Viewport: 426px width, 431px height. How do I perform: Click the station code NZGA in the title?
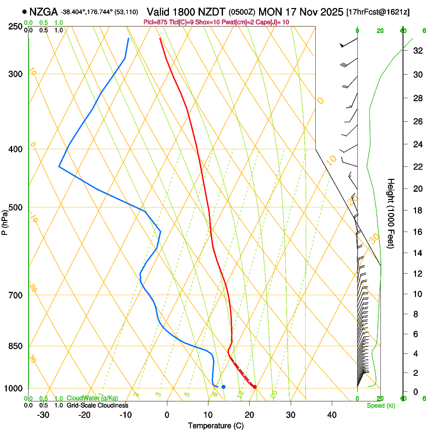(44, 12)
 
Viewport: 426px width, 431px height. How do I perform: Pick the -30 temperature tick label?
(43, 415)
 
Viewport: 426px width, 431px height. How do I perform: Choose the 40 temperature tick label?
(331, 415)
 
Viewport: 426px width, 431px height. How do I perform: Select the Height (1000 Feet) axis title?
(391, 213)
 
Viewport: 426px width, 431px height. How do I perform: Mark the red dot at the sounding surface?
(255, 387)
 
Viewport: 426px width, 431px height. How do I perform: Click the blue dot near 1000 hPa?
(224, 387)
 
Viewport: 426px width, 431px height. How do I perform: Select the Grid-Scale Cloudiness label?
(97, 405)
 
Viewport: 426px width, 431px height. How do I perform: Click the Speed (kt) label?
(380, 405)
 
